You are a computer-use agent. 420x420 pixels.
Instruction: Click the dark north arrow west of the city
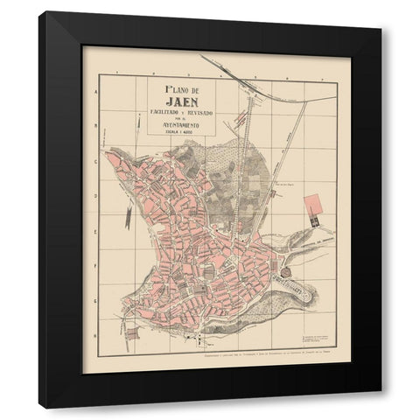(x=129, y=215)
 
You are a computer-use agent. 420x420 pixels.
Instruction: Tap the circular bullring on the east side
(x=284, y=275)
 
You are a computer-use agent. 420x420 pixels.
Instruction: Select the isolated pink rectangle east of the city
(x=312, y=205)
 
